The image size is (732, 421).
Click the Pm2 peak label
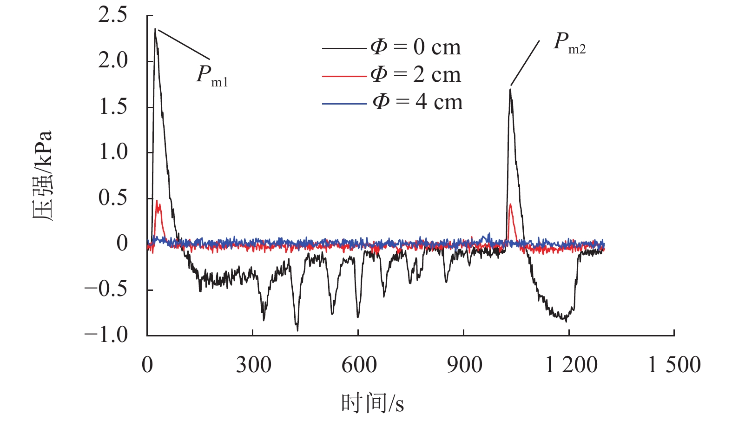(569, 43)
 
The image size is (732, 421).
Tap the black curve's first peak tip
(155, 29)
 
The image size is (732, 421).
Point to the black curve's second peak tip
(510, 89)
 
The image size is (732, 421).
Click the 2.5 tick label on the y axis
(112, 15)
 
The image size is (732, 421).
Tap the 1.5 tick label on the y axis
(112, 106)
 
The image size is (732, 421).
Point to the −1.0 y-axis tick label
(106, 335)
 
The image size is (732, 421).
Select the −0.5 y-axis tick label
(106, 289)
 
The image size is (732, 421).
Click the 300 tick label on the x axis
(253, 365)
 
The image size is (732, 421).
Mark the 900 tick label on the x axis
(464, 365)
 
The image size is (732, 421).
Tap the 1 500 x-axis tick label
(674, 365)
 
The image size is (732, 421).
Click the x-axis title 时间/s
(373, 403)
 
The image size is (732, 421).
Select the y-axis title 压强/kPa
(43, 176)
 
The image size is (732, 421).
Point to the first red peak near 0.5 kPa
(157, 201)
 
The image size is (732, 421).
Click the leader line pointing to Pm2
(525, 63)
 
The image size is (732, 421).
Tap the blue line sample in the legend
(344, 104)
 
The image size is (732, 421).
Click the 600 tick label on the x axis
(359, 365)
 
